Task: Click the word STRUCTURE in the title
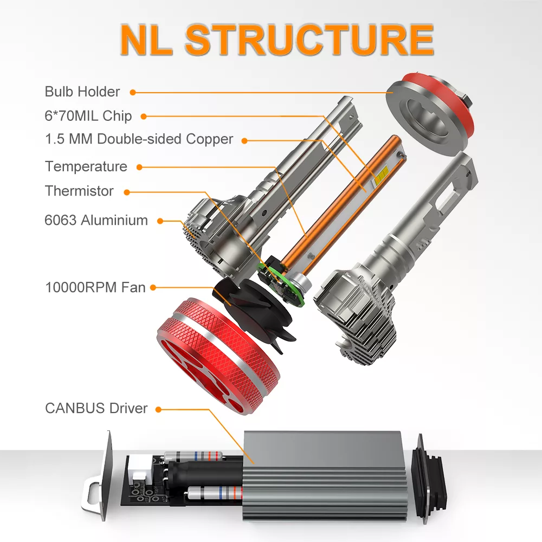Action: (x=309, y=40)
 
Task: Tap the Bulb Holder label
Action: (x=82, y=92)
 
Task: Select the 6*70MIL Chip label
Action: (x=88, y=116)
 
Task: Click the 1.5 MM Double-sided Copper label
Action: (x=139, y=139)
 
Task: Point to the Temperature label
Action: (x=86, y=166)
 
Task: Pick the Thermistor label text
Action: (x=79, y=191)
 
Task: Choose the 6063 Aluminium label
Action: (x=96, y=220)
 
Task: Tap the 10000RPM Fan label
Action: (x=95, y=287)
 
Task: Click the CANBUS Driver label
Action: (x=96, y=408)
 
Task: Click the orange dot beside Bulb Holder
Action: (x=133, y=92)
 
